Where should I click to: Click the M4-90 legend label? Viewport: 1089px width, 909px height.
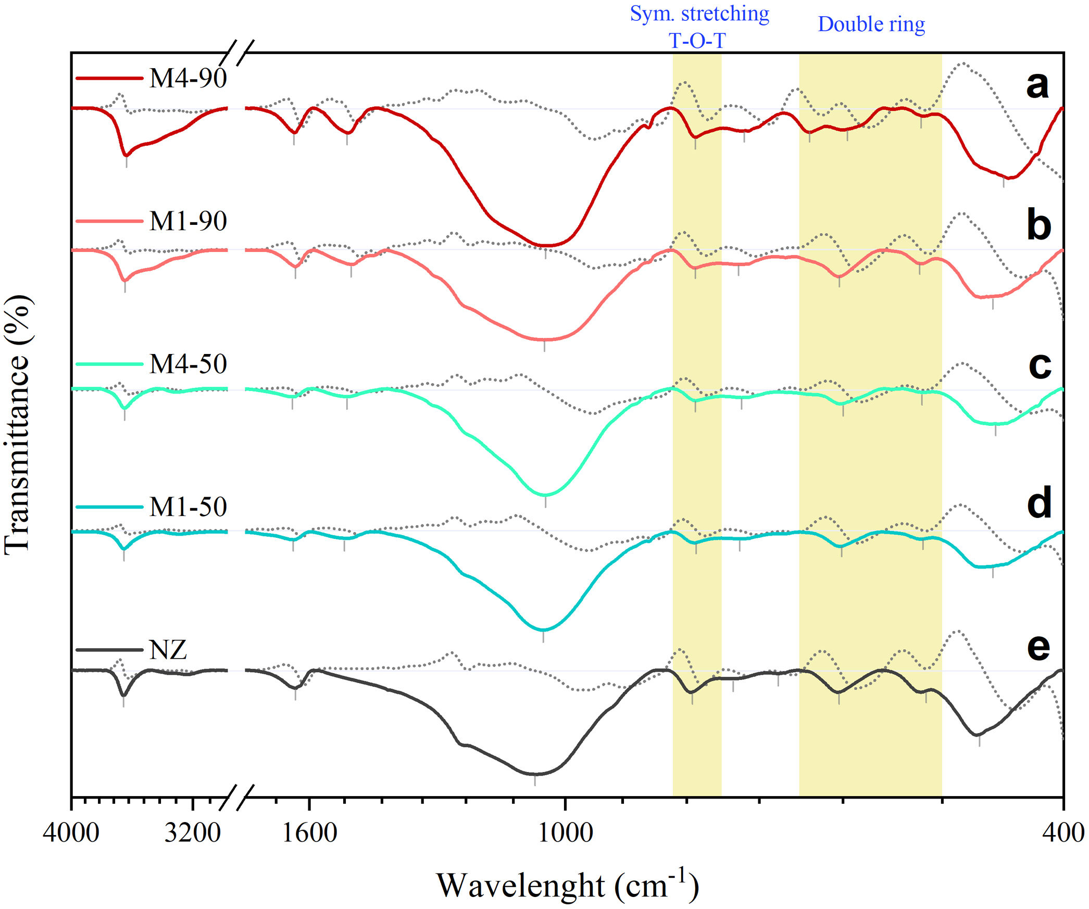pyautogui.click(x=187, y=79)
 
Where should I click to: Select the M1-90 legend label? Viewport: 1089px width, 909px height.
pyautogui.click(x=187, y=221)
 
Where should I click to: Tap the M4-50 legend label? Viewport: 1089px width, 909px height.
pyautogui.click(x=187, y=364)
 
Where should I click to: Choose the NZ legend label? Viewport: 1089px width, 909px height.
pyautogui.click(x=168, y=650)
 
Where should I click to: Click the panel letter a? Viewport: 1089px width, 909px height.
pyautogui.click(x=1037, y=85)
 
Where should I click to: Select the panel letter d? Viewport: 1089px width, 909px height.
pyautogui.click(x=1039, y=504)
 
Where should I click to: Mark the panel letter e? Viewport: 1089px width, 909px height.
pyautogui.click(x=1038, y=647)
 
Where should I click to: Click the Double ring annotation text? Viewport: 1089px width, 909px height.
pyautogui.click(x=871, y=24)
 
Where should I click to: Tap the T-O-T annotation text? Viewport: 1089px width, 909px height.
pyautogui.click(x=697, y=41)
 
